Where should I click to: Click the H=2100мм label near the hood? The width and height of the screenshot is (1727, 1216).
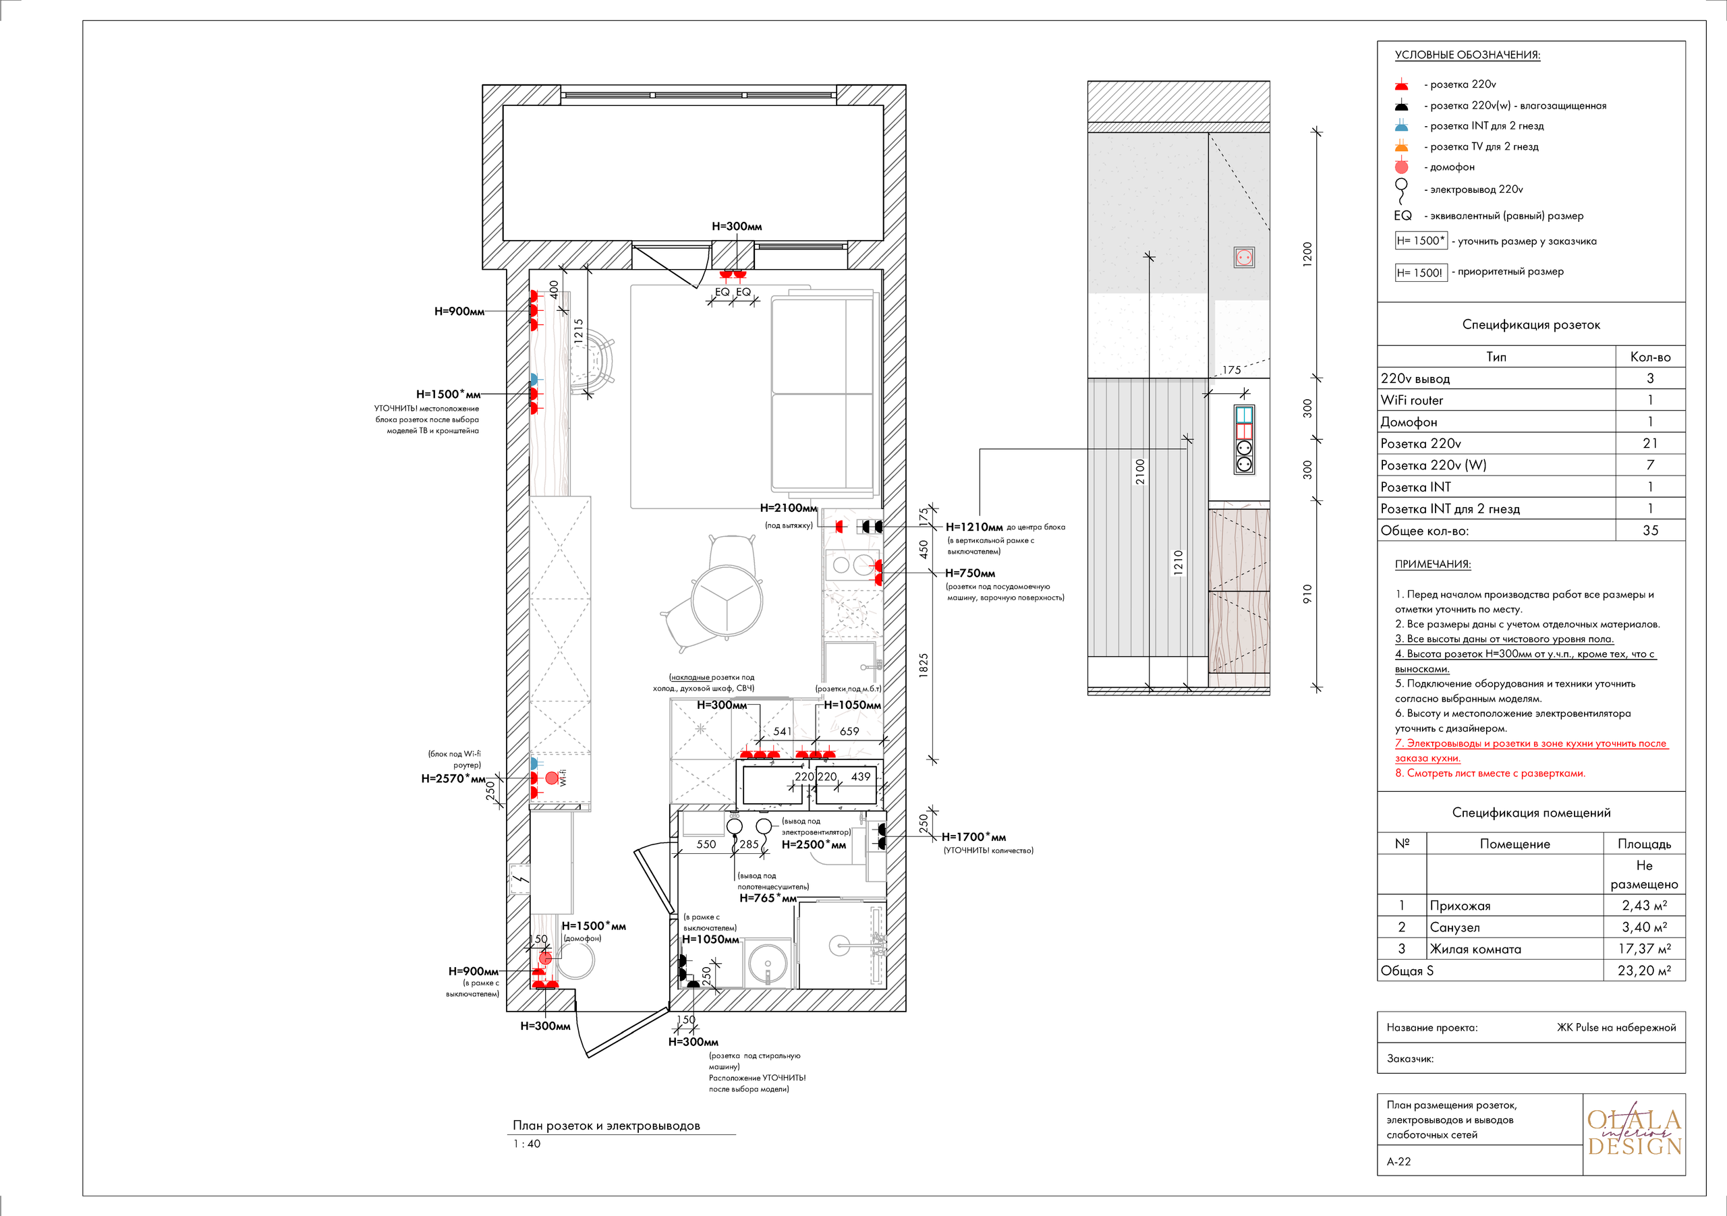click(x=787, y=508)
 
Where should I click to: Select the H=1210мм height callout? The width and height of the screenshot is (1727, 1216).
click(x=973, y=527)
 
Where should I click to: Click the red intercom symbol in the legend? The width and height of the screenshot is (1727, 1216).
click(x=1400, y=167)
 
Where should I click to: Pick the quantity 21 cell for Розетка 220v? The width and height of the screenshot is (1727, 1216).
click(x=1649, y=443)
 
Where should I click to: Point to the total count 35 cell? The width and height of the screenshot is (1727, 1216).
click(x=1649, y=530)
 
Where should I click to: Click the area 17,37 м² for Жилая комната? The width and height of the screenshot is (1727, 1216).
click(x=1643, y=949)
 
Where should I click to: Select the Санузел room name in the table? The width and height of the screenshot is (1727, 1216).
click(x=1454, y=927)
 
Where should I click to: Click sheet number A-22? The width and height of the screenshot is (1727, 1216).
click(x=1398, y=1161)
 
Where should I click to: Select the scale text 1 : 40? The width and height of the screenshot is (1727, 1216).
click(x=526, y=1144)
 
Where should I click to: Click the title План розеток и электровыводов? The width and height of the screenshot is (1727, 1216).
click(x=606, y=1125)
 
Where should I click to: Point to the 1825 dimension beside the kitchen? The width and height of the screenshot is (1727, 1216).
click(x=924, y=666)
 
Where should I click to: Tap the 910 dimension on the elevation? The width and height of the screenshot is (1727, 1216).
click(x=1307, y=593)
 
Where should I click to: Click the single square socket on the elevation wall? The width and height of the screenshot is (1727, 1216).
click(x=1243, y=258)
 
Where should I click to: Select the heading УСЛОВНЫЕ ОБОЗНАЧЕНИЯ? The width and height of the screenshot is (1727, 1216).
click(x=1467, y=55)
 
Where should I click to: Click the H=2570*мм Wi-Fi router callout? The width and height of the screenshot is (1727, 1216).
click(x=453, y=778)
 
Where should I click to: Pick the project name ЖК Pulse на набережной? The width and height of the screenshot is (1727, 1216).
click(x=1616, y=1027)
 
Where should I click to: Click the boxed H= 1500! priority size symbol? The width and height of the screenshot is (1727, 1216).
click(x=1419, y=272)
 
